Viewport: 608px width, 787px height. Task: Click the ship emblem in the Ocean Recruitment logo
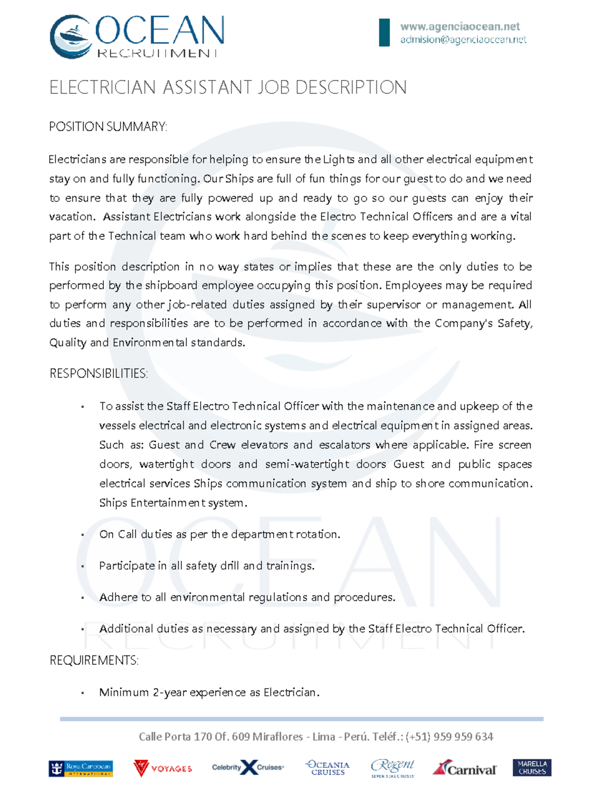pos(71,36)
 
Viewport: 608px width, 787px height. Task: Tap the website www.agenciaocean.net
pos(460,26)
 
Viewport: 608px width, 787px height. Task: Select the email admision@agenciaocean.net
pos(463,40)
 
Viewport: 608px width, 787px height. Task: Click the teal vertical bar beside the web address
pos(385,32)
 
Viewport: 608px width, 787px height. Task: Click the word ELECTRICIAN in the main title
pos(102,88)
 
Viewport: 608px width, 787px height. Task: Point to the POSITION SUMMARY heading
pos(108,127)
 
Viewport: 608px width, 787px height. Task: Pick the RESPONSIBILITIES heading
pos(99,374)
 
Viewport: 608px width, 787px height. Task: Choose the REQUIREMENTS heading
pos(94,661)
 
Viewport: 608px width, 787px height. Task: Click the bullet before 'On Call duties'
pos(82,535)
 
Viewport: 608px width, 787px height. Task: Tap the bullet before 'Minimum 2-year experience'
pos(82,693)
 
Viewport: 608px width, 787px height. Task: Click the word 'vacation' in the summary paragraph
pos(71,217)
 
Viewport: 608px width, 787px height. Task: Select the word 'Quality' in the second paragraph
pos(68,343)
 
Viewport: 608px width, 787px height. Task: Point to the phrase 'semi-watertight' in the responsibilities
pos(307,464)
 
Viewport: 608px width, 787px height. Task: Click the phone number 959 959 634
pos(464,736)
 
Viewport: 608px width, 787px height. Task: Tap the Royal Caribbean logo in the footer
pos(81,768)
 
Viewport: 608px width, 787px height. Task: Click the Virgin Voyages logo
pos(163,768)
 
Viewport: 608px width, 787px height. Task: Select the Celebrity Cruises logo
pos(248,768)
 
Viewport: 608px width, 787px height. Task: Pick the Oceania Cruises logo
pos(328,768)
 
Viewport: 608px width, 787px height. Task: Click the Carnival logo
pos(465,769)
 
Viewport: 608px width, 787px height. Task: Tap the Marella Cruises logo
pos(532,767)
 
